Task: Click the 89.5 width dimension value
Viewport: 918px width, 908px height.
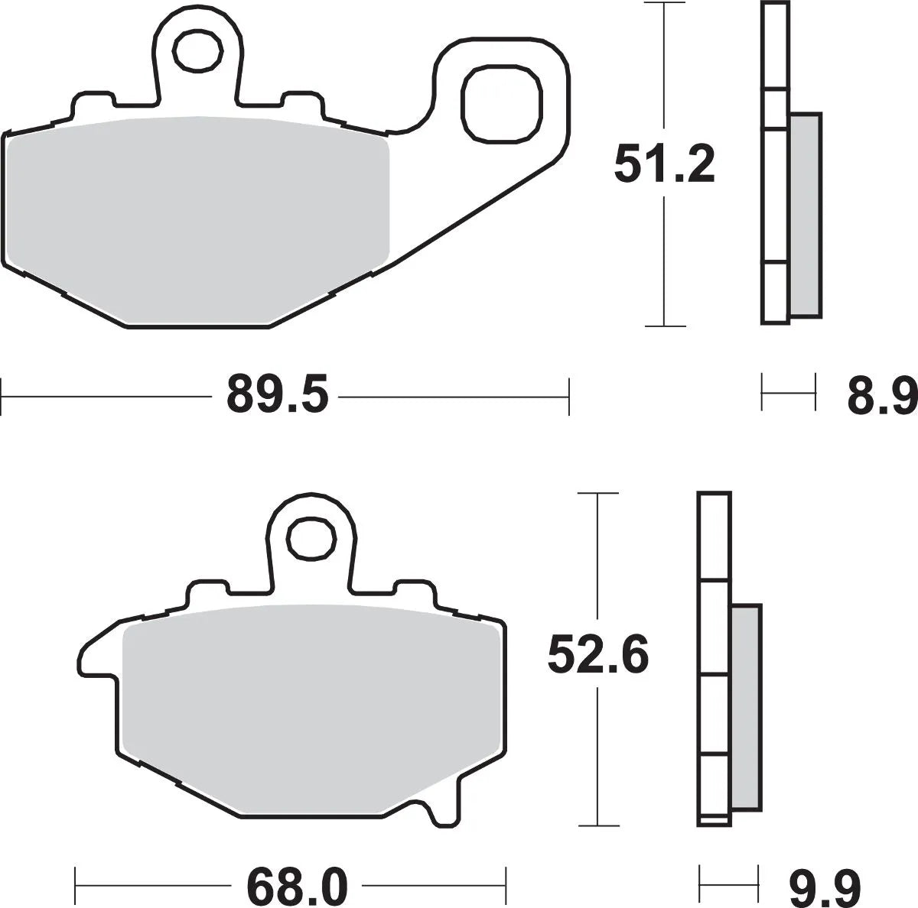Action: (x=277, y=397)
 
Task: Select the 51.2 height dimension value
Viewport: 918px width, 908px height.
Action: (x=664, y=165)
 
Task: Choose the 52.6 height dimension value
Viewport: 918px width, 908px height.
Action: (x=598, y=655)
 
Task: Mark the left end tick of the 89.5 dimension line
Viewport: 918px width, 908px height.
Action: (x=3, y=397)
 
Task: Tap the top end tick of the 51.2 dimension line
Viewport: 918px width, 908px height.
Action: (x=664, y=4)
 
